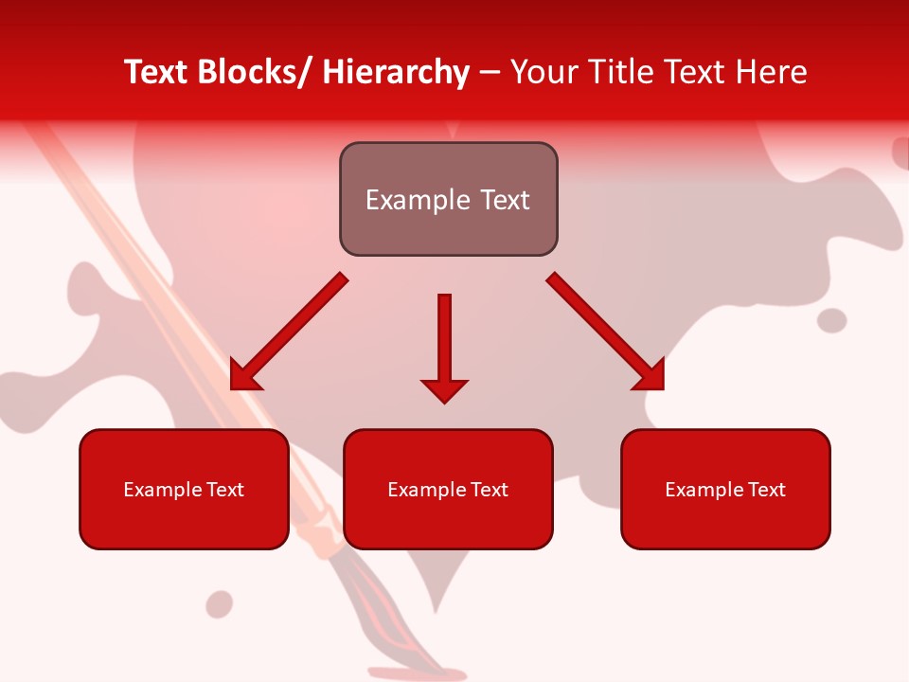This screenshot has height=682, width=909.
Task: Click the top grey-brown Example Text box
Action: pos(448,199)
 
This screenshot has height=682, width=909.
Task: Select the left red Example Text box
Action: pos(184,489)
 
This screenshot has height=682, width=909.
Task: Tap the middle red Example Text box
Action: pos(448,489)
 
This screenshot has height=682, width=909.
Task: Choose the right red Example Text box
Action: pos(725,489)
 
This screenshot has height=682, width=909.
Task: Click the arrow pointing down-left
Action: pos(289,332)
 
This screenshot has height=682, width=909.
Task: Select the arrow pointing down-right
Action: pos(606,332)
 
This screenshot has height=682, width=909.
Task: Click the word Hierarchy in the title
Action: pos(396,72)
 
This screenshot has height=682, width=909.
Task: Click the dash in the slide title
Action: pos(490,73)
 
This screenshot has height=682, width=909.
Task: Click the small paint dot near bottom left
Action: pos(220,603)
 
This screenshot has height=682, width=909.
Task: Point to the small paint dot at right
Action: pos(832,320)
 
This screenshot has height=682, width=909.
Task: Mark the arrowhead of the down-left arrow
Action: pos(243,377)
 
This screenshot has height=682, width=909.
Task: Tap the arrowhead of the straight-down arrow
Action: pos(444,389)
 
